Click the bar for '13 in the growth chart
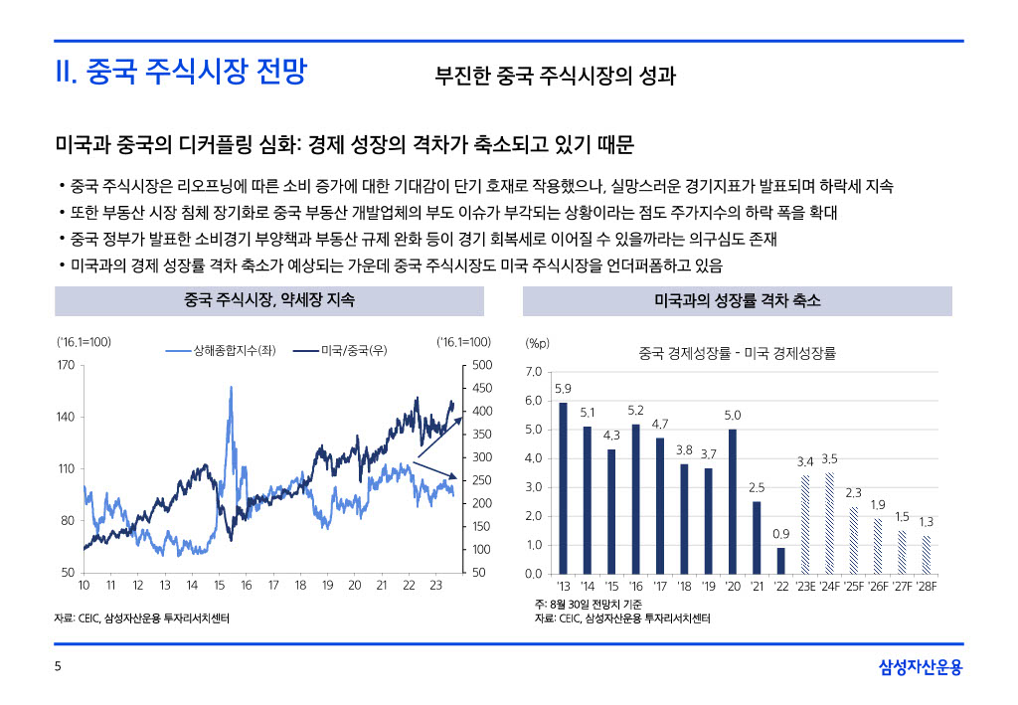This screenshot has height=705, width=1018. (564, 487)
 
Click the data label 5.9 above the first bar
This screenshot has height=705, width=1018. (563, 389)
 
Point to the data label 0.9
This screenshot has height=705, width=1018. (780, 535)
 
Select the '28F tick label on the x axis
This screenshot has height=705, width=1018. (926, 587)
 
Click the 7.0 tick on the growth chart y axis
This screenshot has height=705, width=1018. (533, 372)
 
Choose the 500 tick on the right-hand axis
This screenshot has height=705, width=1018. (481, 365)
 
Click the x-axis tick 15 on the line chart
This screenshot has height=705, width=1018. (219, 587)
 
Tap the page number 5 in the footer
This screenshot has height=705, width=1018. (58, 668)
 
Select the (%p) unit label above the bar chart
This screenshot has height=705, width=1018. (537, 343)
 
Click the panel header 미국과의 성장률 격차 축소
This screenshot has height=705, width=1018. (737, 300)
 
